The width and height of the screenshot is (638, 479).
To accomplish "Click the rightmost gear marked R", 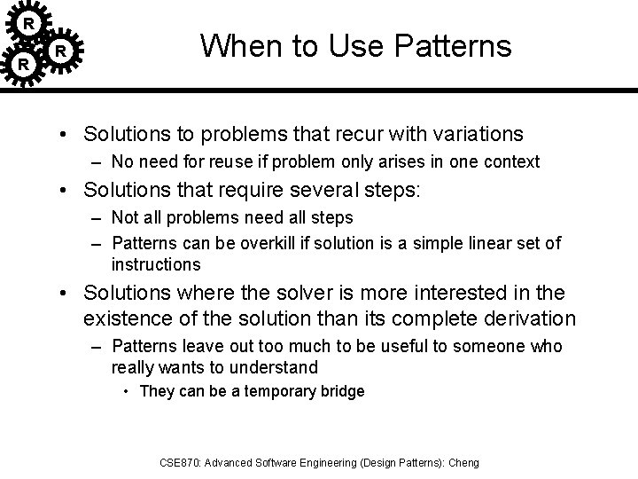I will [x=60, y=51].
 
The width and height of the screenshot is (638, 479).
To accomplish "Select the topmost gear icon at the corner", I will [x=29, y=21].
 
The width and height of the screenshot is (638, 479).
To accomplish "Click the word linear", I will [x=466, y=243].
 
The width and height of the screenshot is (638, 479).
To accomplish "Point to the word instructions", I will [x=156, y=264].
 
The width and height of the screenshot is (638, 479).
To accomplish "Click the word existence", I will [x=121, y=318].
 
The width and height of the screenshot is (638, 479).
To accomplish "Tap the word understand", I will [x=276, y=368].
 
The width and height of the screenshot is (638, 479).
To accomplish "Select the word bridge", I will [x=343, y=391].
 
